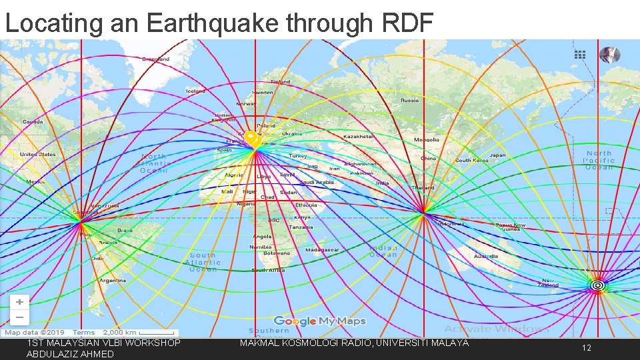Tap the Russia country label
click(x=409, y=101)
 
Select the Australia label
click(x=485, y=257)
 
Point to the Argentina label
click(x=113, y=281)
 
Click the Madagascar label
click(x=323, y=250)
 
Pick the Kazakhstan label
click(x=359, y=136)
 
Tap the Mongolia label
click(x=427, y=140)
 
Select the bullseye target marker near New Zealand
click(x=598, y=285)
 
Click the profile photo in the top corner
click(x=609, y=55)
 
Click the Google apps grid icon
click(x=580, y=55)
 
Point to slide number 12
click(x=586, y=348)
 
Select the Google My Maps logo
click(x=320, y=321)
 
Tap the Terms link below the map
click(x=83, y=333)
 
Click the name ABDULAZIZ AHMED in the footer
click(x=70, y=354)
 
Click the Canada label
click(x=33, y=122)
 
